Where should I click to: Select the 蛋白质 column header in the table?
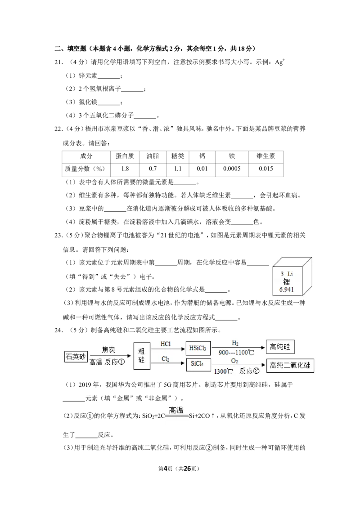tap(125, 156)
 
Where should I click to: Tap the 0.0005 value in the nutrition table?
tap(232, 169)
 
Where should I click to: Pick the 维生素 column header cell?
tap(265, 156)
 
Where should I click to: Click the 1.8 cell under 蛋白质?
tap(125, 169)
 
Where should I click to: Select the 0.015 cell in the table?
tap(265, 169)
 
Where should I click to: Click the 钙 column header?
tap(202, 156)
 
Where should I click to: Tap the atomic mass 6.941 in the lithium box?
tap(286, 289)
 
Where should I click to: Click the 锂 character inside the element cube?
tap(286, 281)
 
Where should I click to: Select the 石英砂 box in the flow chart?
tap(76, 357)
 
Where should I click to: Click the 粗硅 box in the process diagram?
tap(142, 356)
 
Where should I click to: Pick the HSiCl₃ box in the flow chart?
tap(198, 348)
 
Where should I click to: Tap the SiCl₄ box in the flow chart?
tap(198, 364)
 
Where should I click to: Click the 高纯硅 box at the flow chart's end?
tap(280, 347)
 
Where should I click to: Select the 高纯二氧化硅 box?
tap(290, 366)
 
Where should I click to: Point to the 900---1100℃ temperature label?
tap(236, 353)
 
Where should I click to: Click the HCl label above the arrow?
tap(166, 344)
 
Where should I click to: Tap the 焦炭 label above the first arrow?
tap(108, 350)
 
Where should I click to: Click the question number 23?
tap(58, 235)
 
